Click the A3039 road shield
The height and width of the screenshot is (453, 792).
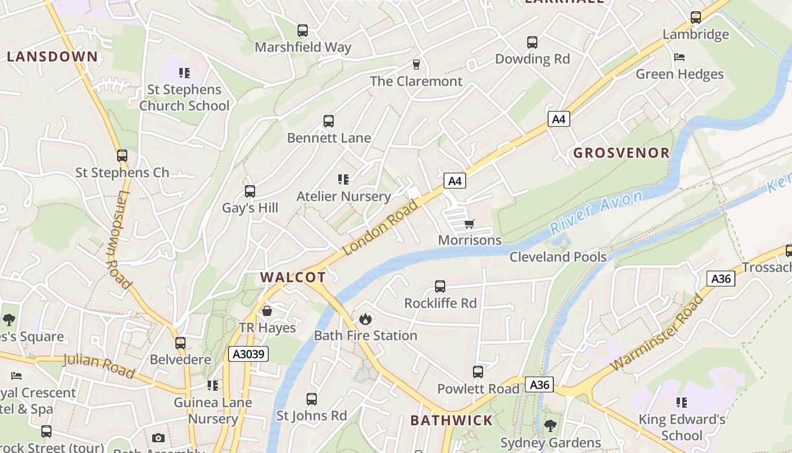tap(248, 354)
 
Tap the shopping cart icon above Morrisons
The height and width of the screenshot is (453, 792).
tap(469, 224)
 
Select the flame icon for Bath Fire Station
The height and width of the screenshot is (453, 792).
tap(365, 319)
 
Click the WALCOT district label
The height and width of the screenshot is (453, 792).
tap(293, 277)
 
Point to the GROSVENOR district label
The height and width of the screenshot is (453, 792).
tap(621, 152)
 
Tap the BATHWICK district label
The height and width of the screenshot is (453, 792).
tap(451, 420)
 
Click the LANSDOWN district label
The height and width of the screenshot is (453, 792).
tap(53, 56)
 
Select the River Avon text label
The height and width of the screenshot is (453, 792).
tap(596, 212)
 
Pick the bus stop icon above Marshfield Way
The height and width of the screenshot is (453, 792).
tap(303, 31)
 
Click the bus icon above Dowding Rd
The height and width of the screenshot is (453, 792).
tap(532, 42)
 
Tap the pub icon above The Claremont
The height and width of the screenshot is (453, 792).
tap(416, 65)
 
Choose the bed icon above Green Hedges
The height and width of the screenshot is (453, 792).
tap(679, 57)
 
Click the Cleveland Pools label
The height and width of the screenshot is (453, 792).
tap(558, 257)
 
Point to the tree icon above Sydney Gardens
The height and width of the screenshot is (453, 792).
tap(550, 426)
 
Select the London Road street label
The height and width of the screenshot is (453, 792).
tap(380, 227)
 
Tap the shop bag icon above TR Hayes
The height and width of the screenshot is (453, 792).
tap(267, 311)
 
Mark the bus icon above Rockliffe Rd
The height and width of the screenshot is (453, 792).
tap(440, 287)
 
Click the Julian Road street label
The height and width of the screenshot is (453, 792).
tap(98, 365)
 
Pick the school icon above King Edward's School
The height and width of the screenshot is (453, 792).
tap(681, 403)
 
